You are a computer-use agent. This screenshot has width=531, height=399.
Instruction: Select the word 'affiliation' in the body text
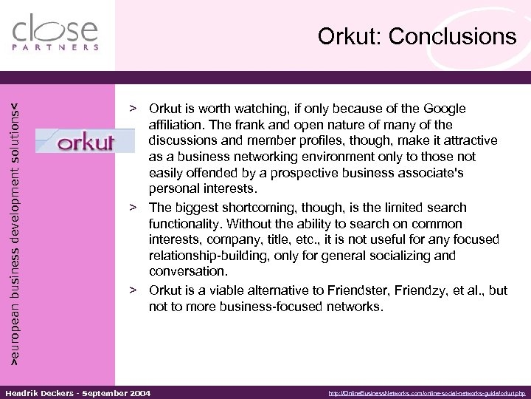coord(176,126)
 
